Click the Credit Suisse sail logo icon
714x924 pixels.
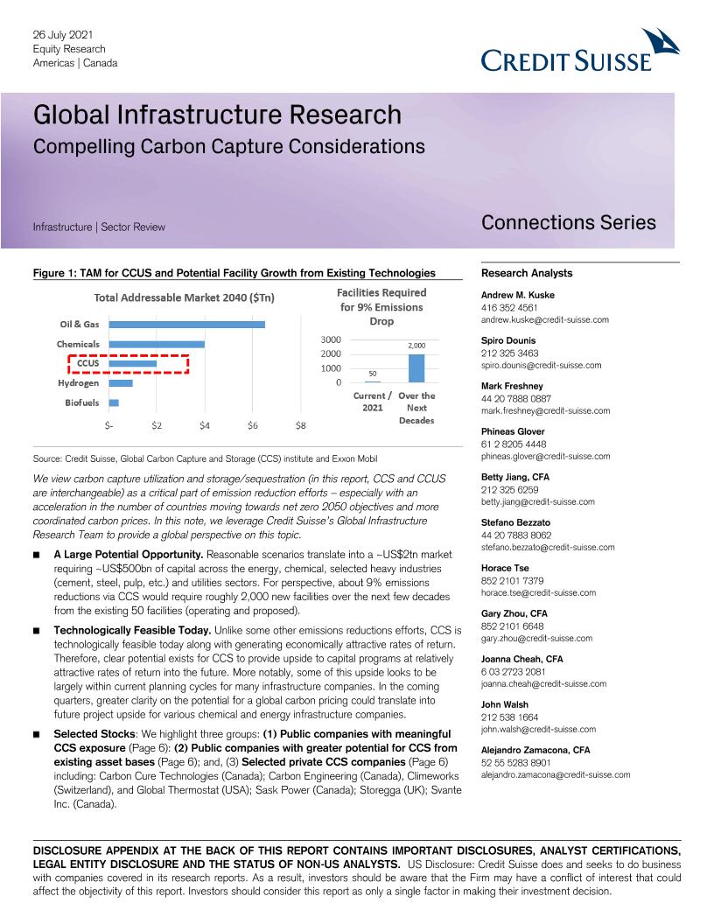point(660,44)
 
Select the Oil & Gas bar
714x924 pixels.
point(186,325)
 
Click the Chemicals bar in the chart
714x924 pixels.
point(157,344)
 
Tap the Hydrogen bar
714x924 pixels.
point(121,382)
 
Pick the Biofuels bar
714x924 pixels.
point(114,402)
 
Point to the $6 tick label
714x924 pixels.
point(252,426)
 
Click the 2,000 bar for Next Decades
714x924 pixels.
point(416,368)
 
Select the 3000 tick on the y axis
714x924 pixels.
point(331,339)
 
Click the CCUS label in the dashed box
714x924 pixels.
point(87,363)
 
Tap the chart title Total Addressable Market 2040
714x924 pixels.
point(184,297)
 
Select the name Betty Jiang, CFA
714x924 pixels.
point(515,477)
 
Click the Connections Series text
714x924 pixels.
point(568,222)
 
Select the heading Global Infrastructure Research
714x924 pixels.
point(217,115)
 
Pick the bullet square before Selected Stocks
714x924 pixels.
point(37,734)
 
